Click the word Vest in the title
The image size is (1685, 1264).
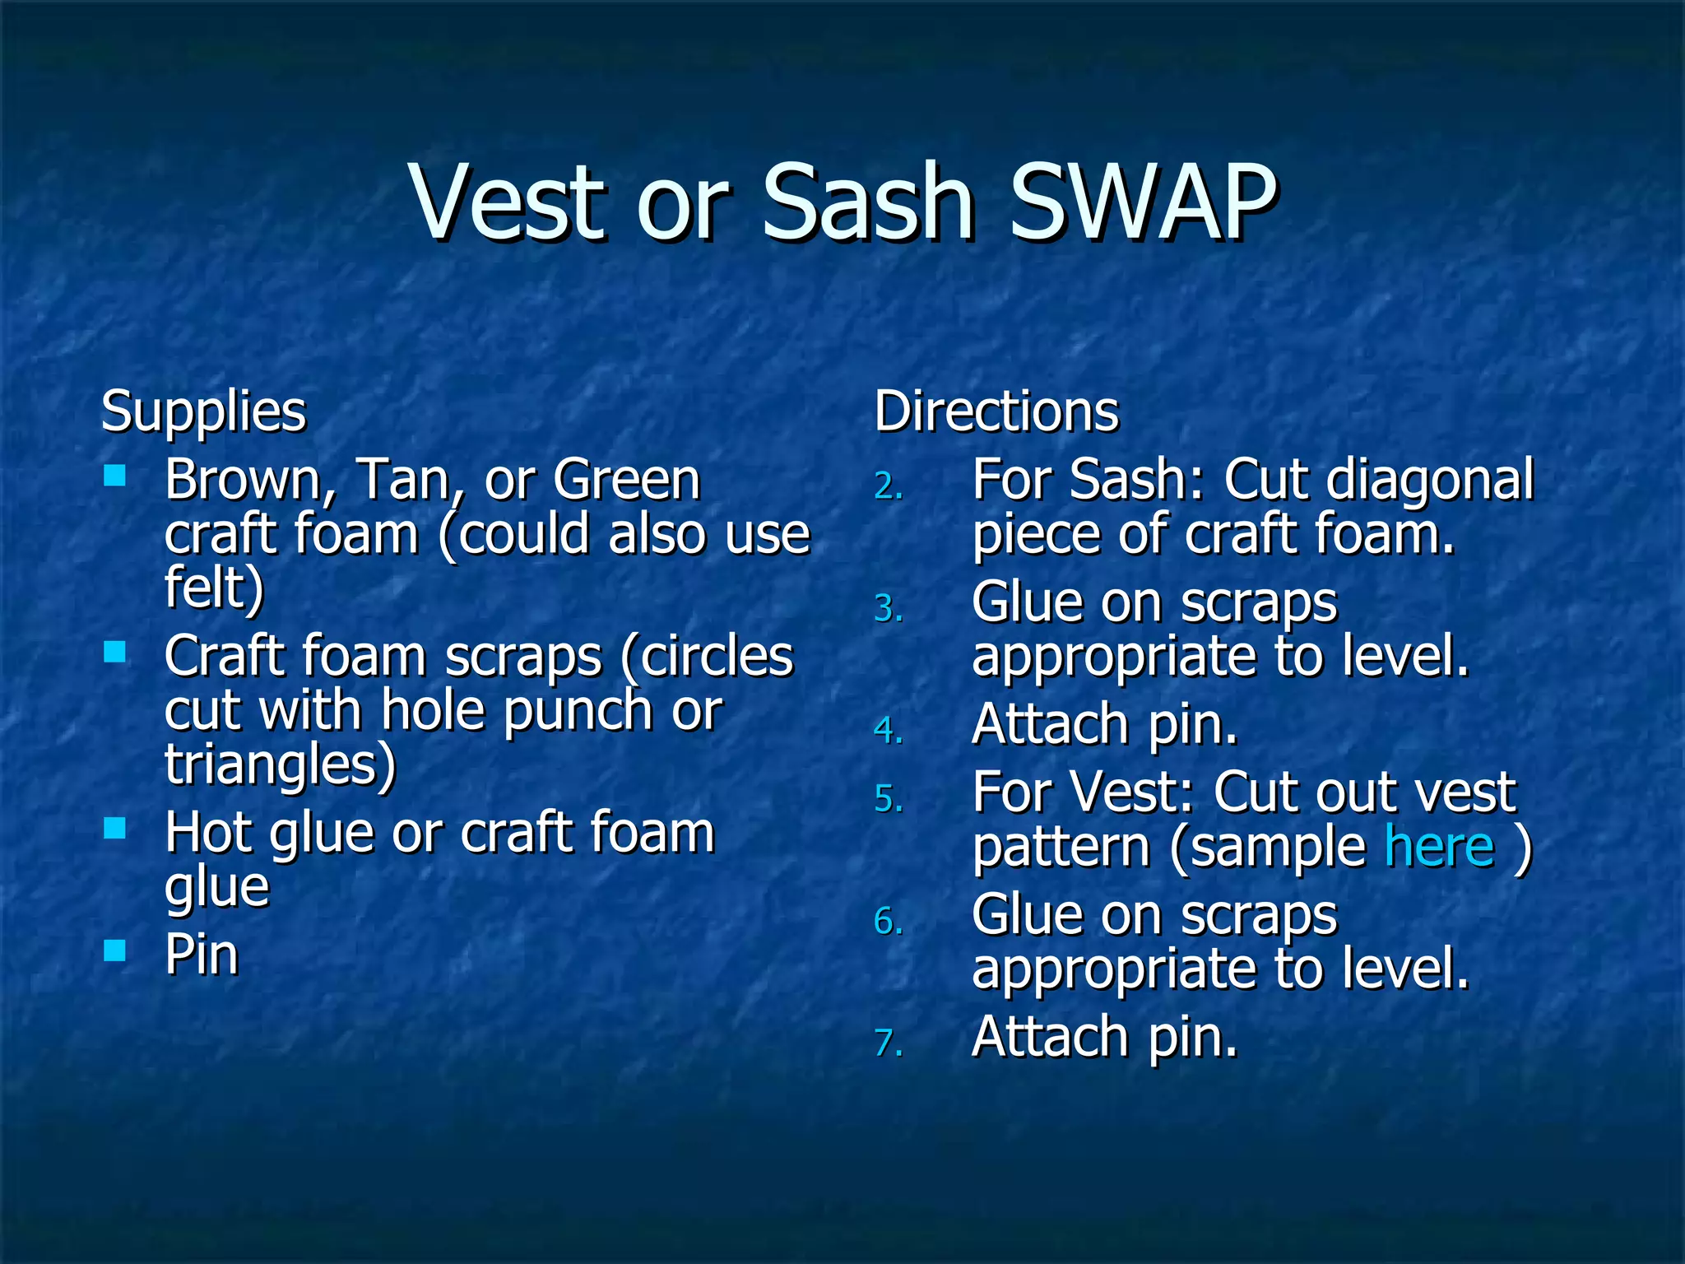point(511,202)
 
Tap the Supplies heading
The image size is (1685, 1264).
point(203,411)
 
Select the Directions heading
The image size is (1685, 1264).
point(996,411)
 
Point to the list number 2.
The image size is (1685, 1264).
point(889,487)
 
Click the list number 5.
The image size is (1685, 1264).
point(889,799)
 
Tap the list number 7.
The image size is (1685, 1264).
point(889,1043)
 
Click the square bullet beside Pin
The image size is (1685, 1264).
point(115,950)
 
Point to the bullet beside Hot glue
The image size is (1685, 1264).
point(115,828)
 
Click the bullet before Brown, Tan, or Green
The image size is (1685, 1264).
point(115,475)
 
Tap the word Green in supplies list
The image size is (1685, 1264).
point(626,480)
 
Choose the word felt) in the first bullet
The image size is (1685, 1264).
point(215,588)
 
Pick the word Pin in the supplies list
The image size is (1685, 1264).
point(202,955)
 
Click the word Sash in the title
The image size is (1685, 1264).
point(868,202)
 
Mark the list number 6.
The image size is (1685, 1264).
point(889,922)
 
